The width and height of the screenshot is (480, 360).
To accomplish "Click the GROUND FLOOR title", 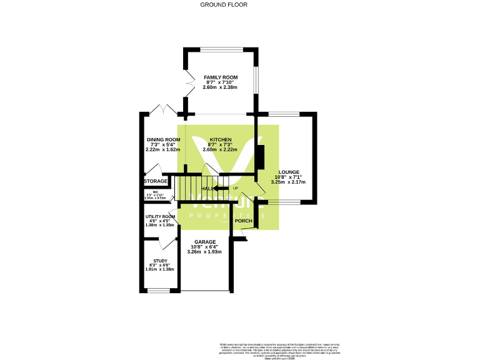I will pyautogui.click(x=224, y=4).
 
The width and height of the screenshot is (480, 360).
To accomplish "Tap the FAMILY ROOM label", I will pyautogui.click(x=221, y=77).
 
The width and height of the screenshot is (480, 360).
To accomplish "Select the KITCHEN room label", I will pyautogui.click(x=221, y=139).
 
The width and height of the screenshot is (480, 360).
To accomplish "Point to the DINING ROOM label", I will pyautogui.click(x=164, y=139).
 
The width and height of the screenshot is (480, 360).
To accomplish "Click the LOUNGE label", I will pyautogui.click(x=289, y=172).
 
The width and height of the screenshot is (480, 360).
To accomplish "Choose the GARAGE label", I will pyautogui.click(x=205, y=242).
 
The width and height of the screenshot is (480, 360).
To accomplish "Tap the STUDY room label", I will pyautogui.click(x=161, y=261).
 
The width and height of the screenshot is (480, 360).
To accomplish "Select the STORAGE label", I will pyautogui.click(x=156, y=181).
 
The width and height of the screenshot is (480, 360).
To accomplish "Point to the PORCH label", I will pyautogui.click(x=243, y=221).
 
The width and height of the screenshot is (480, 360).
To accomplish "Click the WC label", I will pyautogui.click(x=148, y=192).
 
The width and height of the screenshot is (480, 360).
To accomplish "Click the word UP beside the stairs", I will pyautogui.click(x=236, y=188).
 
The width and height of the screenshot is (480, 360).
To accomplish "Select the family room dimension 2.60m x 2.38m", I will pyautogui.click(x=221, y=88).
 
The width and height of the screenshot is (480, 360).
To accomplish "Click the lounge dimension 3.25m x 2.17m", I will pyautogui.click(x=289, y=182).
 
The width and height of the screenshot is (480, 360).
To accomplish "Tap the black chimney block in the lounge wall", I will pyautogui.click(x=260, y=157).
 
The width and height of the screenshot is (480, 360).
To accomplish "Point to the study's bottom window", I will pyautogui.click(x=159, y=291).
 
